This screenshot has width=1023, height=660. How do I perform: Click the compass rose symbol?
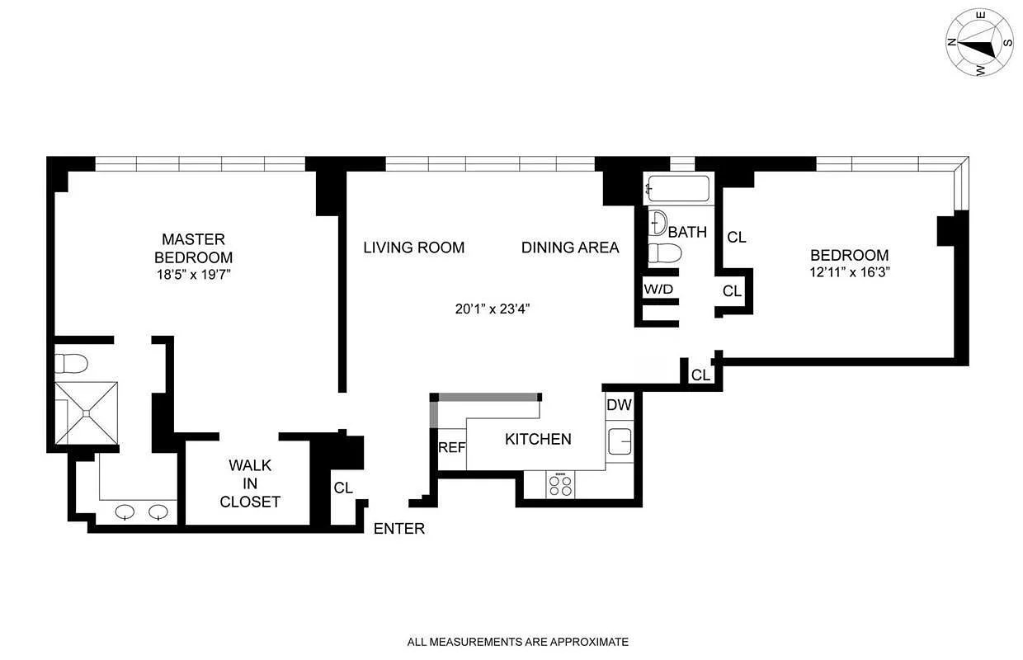979,43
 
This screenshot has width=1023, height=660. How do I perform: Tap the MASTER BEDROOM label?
192,247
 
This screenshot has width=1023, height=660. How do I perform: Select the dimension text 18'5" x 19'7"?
192,275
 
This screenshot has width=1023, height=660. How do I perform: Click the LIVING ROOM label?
413,247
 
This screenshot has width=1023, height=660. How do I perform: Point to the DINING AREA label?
569,247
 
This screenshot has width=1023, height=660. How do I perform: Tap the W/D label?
658,289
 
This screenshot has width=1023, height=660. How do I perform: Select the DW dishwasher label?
619,405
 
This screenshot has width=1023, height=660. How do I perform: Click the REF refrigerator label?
451,447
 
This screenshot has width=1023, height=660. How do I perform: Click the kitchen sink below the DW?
620,441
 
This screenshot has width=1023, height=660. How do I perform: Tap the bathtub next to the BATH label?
678,189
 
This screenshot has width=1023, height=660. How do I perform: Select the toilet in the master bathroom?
71,364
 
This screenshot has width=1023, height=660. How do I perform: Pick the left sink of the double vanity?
125,511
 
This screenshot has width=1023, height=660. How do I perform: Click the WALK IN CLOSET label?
249,483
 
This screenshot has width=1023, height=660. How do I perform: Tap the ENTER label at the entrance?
399,529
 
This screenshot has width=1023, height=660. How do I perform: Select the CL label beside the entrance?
343,488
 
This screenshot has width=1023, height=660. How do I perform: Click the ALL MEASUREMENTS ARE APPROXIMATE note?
517,641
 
